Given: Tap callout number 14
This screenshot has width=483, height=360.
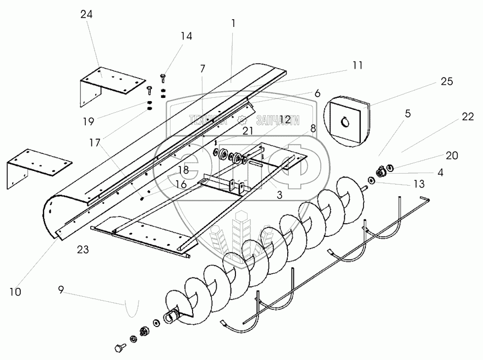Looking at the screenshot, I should click(186, 36).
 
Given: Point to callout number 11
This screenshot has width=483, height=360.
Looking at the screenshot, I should click(358, 65).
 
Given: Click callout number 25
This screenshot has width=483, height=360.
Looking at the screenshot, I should click(447, 82).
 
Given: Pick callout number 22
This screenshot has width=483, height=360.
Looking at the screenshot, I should click(468, 117).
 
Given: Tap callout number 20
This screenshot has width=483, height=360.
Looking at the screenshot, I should click(452, 156).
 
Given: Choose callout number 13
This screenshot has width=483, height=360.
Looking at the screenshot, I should click(419, 184).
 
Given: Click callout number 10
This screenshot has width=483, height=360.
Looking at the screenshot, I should click(15, 292).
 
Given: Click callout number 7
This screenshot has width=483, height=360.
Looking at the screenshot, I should click(202, 68).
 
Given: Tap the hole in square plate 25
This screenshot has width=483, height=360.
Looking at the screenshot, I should click(346, 123).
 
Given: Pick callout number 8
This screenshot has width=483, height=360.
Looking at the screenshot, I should click(313, 128).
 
